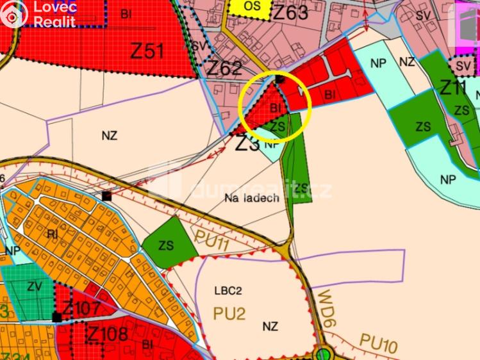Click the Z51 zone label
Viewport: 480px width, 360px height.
coord(147,51)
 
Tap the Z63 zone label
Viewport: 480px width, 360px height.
coord(290,12)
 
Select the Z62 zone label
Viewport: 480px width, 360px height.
coord(224,68)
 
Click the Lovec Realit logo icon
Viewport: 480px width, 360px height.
coord(14,14)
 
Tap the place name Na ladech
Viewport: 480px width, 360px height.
coord(252,198)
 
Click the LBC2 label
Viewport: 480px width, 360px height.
coord(228,290)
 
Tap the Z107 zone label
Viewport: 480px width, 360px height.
coord(81,309)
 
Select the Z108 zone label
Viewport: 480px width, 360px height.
coord(107,334)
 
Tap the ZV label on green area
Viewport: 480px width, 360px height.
coord(34,287)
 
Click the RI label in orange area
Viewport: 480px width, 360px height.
coord(53,234)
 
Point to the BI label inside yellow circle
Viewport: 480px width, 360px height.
coord(276,108)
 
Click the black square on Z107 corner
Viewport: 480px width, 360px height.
coord(57,317)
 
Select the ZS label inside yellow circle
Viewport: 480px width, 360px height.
coord(277,126)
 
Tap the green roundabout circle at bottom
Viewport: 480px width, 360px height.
coord(324,354)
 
